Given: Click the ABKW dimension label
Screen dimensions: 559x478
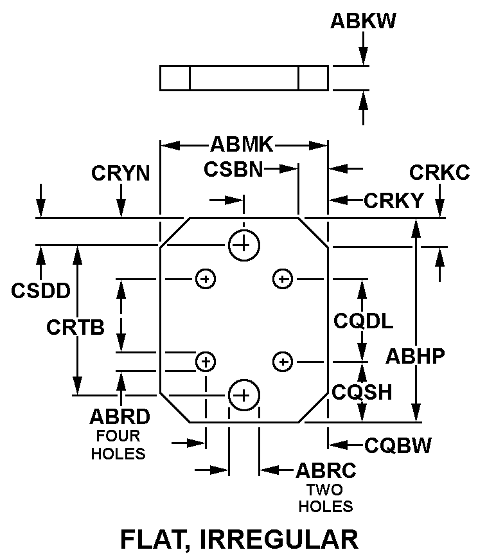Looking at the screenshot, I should point(363,21).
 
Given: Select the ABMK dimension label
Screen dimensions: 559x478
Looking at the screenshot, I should point(242,145).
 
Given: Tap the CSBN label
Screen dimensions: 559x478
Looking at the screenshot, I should point(233,169).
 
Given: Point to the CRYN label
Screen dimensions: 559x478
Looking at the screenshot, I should point(120,173).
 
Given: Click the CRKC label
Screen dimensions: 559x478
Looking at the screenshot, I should point(439,173).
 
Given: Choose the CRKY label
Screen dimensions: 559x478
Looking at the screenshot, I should point(394,200).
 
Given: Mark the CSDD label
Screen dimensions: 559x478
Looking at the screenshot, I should point(40,290).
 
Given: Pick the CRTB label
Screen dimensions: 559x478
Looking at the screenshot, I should point(75,328).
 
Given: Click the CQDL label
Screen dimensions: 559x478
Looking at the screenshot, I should point(363,321).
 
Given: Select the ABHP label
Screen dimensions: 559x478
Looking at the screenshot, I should point(415,356).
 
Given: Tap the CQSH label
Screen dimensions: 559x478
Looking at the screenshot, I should point(362,392).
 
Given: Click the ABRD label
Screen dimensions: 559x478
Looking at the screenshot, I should point(120,417).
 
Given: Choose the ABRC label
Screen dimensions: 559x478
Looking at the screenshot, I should point(326,470).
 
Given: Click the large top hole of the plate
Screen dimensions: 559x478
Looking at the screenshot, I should point(243,244).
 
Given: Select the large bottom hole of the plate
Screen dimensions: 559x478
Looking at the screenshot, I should point(243,395).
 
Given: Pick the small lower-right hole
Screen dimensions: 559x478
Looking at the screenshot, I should point(282,362).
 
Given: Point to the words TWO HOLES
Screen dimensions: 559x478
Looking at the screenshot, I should point(326,498).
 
